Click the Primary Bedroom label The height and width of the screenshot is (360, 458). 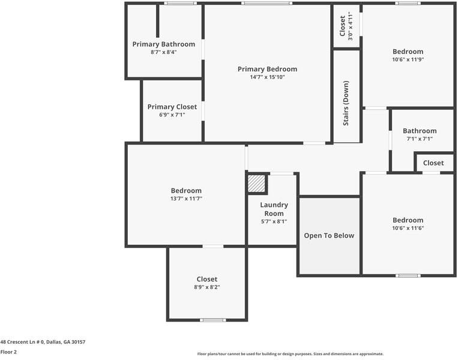point(267,69)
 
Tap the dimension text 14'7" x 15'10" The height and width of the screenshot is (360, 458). point(267,77)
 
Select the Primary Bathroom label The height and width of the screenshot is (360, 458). point(164,44)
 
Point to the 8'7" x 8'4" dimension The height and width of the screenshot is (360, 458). point(164,52)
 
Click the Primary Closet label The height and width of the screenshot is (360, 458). point(172,107)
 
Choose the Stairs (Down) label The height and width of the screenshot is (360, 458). point(346,103)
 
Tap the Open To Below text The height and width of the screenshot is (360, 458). point(329,236)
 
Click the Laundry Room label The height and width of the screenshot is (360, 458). point(274,209)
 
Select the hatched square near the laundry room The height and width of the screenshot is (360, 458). point(257,184)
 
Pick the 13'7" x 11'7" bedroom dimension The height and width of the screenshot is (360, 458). point(186,199)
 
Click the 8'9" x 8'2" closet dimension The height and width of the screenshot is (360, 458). point(207,287)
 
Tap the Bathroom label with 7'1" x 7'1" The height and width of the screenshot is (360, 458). point(420,131)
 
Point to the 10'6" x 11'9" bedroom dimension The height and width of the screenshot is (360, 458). point(408,59)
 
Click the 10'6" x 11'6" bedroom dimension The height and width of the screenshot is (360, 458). point(408,228)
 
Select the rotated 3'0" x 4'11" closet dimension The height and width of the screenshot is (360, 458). point(351,26)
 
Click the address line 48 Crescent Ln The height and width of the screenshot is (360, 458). point(43,342)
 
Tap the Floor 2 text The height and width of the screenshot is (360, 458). point(8,352)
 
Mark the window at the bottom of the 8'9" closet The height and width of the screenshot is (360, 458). point(212,320)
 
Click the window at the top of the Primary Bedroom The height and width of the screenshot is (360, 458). point(267,4)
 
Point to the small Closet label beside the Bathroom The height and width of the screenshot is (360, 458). point(433,163)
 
